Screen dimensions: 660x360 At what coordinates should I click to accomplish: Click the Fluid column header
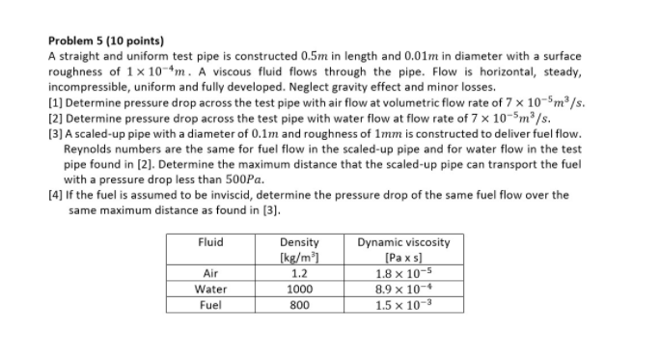tap(210, 241)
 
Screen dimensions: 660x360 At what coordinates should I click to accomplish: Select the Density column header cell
tap(299, 248)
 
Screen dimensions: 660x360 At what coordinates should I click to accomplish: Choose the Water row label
tap(210, 289)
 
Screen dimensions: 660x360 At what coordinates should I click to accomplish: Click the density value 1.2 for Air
tap(299, 273)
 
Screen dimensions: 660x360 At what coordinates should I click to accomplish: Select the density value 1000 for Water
tap(299, 289)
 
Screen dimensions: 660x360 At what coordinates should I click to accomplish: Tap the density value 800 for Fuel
tap(299, 304)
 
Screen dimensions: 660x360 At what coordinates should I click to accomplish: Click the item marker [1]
tap(54, 97)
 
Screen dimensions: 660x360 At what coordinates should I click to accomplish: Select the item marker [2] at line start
tap(54, 111)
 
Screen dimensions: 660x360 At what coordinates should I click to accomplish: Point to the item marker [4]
tap(54, 194)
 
